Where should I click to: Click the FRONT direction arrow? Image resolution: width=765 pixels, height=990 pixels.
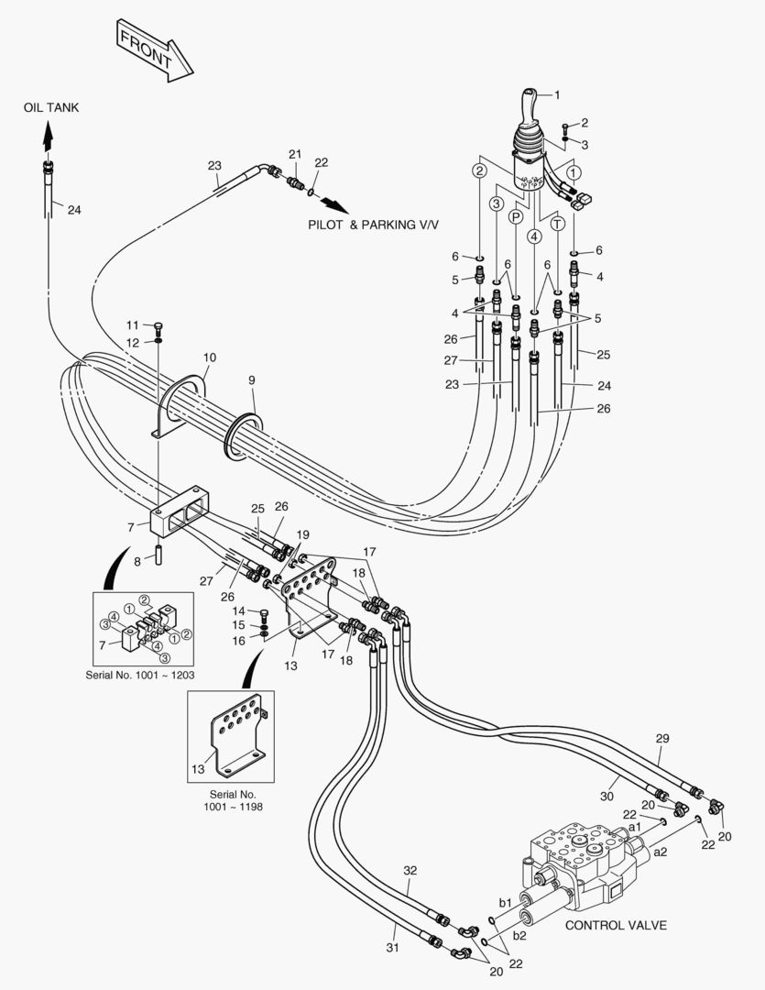pyautogui.click(x=155, y=51)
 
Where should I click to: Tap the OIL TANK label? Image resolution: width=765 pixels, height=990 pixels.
pyautogui.click(x=51, y=108)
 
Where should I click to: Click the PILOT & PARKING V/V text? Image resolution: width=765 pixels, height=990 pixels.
pyautogui.click(x=373, y=225)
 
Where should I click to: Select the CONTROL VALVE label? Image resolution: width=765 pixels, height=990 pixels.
pyautogui.click(x=616, y=925)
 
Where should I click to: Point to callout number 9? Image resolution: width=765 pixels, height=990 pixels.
pyautogui.click(x=252, y=380)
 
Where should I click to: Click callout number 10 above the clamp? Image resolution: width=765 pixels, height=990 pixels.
pyautogui.click(x=210, y=357)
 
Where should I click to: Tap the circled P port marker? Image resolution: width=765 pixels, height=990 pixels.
pyautogui.click(x=517, y=217)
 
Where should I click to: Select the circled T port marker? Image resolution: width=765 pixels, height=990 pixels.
pyautogui.click(x=558, y=224)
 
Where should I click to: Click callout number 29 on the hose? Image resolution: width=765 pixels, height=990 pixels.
pyautogui.click(x=662, y=738)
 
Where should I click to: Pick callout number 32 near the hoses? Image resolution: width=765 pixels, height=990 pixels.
pyautogui.click(x=410, y=870)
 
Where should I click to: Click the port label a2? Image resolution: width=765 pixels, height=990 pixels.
pyautogui.click(x=661, y=852)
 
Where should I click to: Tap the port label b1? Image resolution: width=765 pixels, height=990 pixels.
pyautogui.click(x=505, y=903)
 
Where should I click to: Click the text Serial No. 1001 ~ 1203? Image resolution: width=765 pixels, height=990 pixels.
pyautogui.click(x=140, y=675)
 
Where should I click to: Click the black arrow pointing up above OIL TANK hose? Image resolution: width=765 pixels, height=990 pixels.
pyautogui.click(x=48, y=136)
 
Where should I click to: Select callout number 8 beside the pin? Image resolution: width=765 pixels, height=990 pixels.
pyautogui.click(x=137, y=561)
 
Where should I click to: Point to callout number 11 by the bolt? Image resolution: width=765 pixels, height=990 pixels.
pyautogui.click(x=132, y=325)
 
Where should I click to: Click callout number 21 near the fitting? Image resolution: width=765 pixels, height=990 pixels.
pyautogui.click(x=295, y=153)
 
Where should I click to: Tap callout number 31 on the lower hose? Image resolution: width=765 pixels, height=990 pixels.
pyautogui.click(x=393, y=947)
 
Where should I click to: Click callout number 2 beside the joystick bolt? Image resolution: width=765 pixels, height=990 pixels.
pyautogui.click(x=585, y=123)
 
